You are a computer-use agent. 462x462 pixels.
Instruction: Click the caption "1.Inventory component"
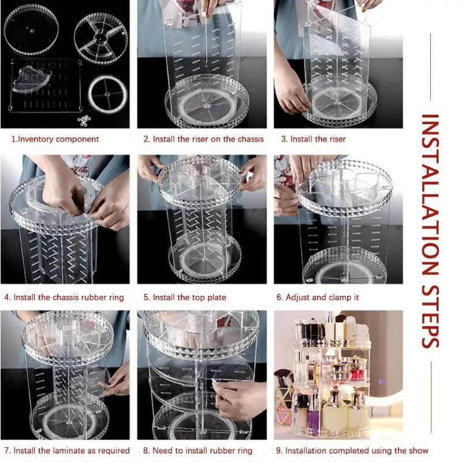pyautogui.click(x=55, y=139)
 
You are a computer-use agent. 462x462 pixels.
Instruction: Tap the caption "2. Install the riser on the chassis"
pyautogui.click(x=204, y=139)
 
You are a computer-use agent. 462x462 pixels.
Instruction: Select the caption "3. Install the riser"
pyautogui.click(x=313, y=139)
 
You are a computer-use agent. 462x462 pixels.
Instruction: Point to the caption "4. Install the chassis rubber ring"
pyautogui.click(x=64, y=297)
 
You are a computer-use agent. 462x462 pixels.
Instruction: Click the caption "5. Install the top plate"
pyautogui.click(x=185, y=297)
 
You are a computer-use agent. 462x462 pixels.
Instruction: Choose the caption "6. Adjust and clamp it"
pyautogui.click(x=318, y=297)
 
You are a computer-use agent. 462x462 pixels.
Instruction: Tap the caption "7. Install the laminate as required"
pyautogui.click(x=67, y=450)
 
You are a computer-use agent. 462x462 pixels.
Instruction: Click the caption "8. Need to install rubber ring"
pyautogui.click(x=198, y=450)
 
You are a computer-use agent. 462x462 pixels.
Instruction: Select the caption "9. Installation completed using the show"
pyautogui.click(x=352, y=450)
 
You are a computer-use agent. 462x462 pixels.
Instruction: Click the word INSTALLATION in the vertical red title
pyautogui.click(x=430, y=195)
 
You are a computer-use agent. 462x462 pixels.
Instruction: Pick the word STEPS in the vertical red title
pyautogui.click(x=430, y=316)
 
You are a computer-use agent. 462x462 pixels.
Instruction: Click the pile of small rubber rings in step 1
pyautogui.click(x=84, y=121)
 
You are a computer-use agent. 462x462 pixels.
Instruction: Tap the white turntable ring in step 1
pyautogui.click(x=107, y=94)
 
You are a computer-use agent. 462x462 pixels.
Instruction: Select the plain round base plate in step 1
pyautogui.click(x=31, y=30)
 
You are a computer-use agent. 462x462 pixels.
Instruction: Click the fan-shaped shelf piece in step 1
pyautogui.click(x=32, y=79)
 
